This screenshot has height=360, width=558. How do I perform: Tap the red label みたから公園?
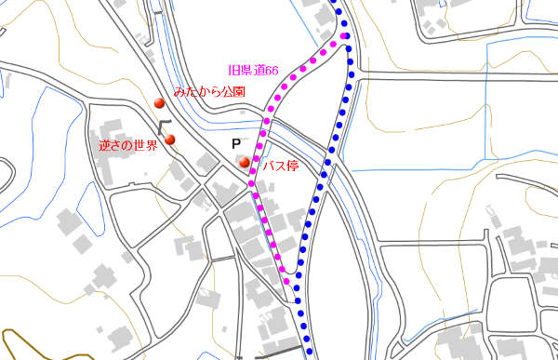coord(209,93)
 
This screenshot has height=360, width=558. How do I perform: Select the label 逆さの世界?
coord(128,146)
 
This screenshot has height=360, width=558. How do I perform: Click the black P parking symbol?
coord(236,145)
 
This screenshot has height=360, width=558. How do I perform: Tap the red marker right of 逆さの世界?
coord(170,140)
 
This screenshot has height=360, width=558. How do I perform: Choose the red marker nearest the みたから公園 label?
coord(159,103)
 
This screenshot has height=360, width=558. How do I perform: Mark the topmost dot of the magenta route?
coord(344,36)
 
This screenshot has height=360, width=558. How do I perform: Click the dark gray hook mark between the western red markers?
coord(164,125)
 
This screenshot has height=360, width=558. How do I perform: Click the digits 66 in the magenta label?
coord(273,70)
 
